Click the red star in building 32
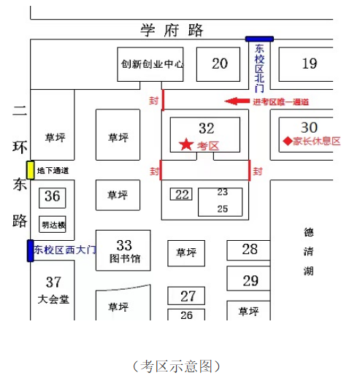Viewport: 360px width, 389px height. point(186,145)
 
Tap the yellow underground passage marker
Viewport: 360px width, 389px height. point(31,170)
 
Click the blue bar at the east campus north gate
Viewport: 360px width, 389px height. point(259,39)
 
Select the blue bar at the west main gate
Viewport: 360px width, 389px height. point(30,250)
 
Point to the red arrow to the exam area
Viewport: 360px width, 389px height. point(237,101)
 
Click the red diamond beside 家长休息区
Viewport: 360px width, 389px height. point(288,142)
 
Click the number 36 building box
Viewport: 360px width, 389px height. point(53,198)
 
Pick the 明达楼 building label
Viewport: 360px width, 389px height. point(53,225)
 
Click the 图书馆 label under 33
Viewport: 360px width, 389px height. point(125,258)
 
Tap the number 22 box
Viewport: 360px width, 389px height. point(181,194)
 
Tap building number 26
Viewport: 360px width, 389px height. point(186,315)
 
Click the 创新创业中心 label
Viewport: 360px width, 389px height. point(152,64)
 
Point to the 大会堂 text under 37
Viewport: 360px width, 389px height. point(53,299)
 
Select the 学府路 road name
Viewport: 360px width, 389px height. point(172,30)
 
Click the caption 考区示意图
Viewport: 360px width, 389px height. point(177,366)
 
